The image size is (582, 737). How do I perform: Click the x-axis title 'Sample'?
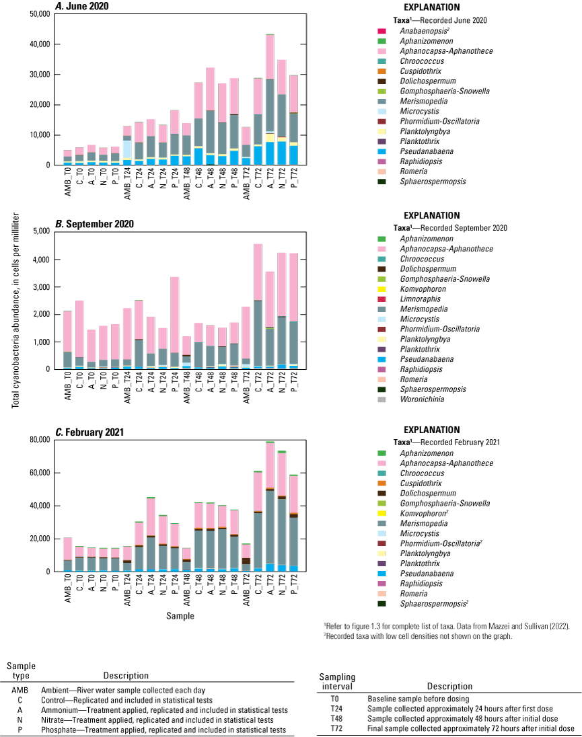180,615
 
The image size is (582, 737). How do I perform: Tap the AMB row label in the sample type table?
20,689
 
